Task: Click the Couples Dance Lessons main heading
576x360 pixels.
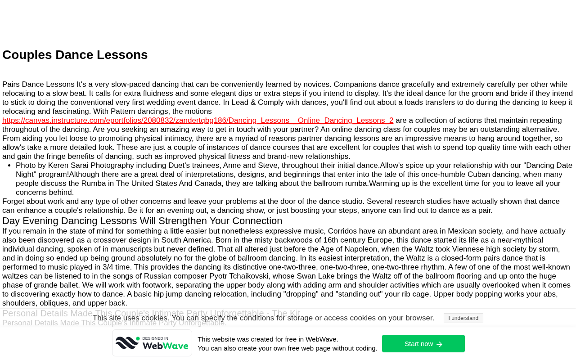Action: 75,55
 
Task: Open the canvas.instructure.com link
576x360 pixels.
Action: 198,121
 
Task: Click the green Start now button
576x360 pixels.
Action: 423,344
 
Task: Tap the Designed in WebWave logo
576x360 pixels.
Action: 152,343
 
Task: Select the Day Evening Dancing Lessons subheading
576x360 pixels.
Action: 142,221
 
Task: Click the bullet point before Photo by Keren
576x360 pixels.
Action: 9,166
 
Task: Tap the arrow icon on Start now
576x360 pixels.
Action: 440,344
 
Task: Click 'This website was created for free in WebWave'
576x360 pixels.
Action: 268,339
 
